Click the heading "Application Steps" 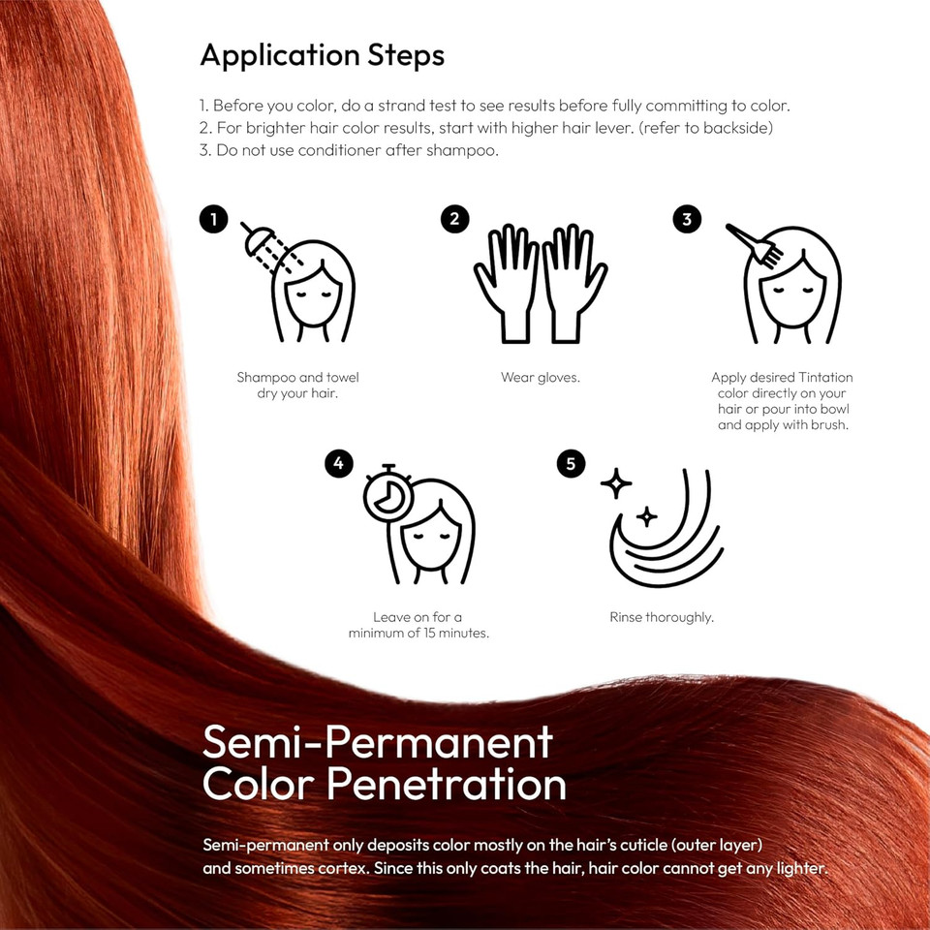[x=322, y=55]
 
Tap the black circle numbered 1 [x=213, y=219]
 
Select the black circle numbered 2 [x=454, y=219]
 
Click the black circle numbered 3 [x=687, y=219]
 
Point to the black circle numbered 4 [x=338, y=464]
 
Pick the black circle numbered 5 [x=571, y=464]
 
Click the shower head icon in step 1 [x=259, y=239]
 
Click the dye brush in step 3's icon [x=757, y=245]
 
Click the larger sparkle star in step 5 [x=616, y=481]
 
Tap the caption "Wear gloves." [x=541, y=378]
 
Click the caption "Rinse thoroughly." [x=662, y=617]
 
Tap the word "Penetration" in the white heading [x=447, y=784]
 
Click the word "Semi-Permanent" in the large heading [x=377, y=742]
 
